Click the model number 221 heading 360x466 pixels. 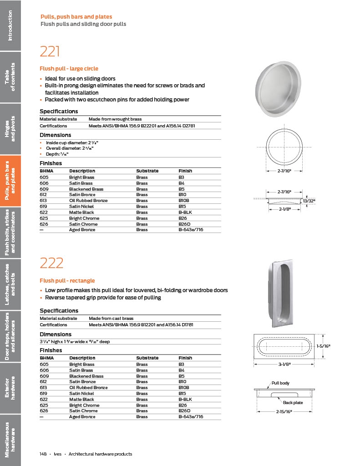pos(50,51)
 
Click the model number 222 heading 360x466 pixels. pos(51,263)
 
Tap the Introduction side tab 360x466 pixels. pos(10,25)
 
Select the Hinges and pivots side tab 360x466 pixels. pos(10,128)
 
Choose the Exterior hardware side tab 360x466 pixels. pos(10,388)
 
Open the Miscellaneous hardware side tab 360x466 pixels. pos(10,439)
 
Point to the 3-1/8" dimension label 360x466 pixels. pos(284,364)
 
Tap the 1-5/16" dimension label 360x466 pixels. pos(323,346)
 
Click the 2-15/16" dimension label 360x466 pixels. pos(284,411)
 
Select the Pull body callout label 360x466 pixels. pos(280,383)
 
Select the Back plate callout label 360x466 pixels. pos(293,403)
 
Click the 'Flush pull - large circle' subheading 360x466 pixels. pos(69,69)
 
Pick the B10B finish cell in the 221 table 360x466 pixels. pos(184,201)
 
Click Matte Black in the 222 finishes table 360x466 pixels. pos(81,399)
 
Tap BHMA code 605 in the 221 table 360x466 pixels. pos(44,177)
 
